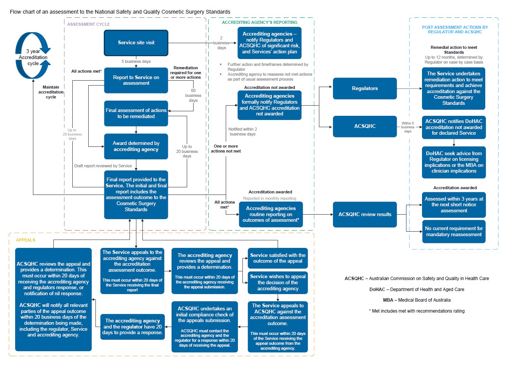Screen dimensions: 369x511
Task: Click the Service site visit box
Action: pos(136,43)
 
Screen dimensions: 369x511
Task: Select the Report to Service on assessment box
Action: pos(136,80)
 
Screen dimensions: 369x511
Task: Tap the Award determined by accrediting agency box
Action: pos(136,146)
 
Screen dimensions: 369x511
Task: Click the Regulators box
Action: pos(365,89)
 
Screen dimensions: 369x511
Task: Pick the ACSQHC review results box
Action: pos(365,215)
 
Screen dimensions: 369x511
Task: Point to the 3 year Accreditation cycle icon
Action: pos(33,56)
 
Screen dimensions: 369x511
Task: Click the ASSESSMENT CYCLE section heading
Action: pos(89,24)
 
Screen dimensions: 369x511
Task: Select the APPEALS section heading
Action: pos(25,240)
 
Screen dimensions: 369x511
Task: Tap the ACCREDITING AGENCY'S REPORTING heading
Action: pos(259,22)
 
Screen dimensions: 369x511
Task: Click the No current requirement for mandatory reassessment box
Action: pos(454,232)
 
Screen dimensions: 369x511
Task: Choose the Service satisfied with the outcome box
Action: pos(278,258)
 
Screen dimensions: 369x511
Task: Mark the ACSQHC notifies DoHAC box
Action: pos(454,127)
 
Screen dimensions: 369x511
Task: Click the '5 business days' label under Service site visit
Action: pos(136,61)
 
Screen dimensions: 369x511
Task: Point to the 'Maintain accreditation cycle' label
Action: pos(51,92)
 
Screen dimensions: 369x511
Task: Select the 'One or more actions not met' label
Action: pos(226,149)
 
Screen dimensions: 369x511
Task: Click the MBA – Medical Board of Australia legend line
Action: pos(417,300)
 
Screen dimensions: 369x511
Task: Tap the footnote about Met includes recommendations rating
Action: pos(417,311)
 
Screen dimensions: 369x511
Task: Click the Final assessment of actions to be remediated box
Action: pos(136,114)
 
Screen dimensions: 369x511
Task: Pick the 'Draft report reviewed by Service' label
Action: pos(103,166)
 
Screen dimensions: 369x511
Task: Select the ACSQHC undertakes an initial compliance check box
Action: pos(205,327)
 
